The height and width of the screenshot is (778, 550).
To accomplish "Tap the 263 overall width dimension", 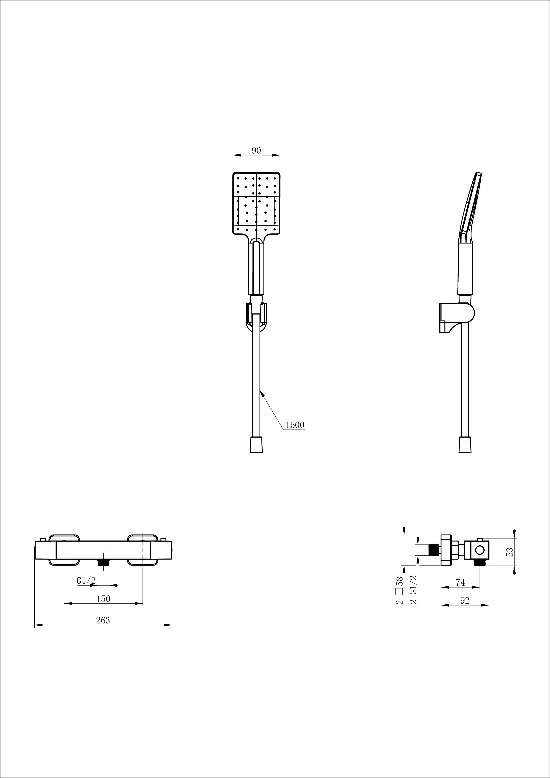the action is click(103, 620).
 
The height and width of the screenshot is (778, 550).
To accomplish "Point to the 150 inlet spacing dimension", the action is click(103, 599).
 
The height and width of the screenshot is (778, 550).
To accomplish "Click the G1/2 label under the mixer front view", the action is click(86, 580).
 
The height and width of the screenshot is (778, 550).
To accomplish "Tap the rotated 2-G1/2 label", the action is click(413, 589).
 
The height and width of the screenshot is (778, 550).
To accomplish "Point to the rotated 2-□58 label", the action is click(400, 590).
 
